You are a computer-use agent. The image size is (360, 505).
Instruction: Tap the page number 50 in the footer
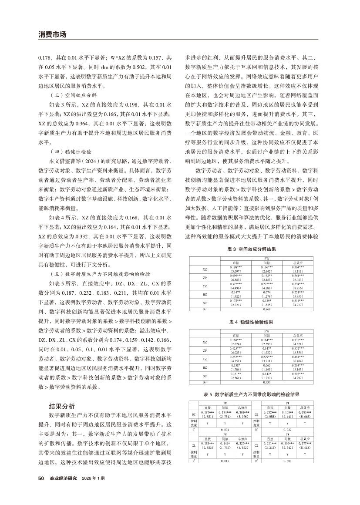pyautogui.click(x=41, y=478)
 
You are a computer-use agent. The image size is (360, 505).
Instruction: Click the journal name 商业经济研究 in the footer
pyautogui.click(x=63, y=478)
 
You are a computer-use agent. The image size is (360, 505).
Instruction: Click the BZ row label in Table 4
pyautogui.click(x=205, y=367)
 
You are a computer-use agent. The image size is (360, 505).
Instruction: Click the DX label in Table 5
pyautogui.click(x=258, y=414)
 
